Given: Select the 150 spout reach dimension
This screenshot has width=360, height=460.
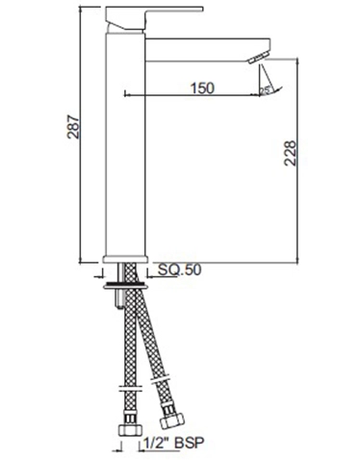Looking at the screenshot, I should coord(201,88).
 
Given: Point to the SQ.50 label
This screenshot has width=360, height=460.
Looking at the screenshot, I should coord(179,272).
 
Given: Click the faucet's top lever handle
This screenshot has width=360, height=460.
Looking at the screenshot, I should coord(154,15).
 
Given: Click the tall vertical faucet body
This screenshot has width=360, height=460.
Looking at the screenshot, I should coord(123,144).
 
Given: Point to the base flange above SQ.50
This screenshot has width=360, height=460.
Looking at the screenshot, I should coord(123,259).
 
